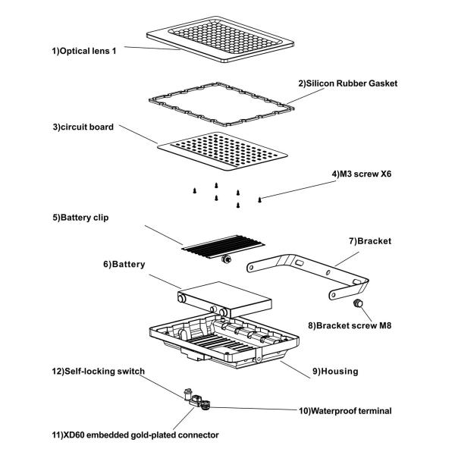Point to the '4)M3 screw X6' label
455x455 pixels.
[363, 173]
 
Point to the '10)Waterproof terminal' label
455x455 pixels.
[344, 410]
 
